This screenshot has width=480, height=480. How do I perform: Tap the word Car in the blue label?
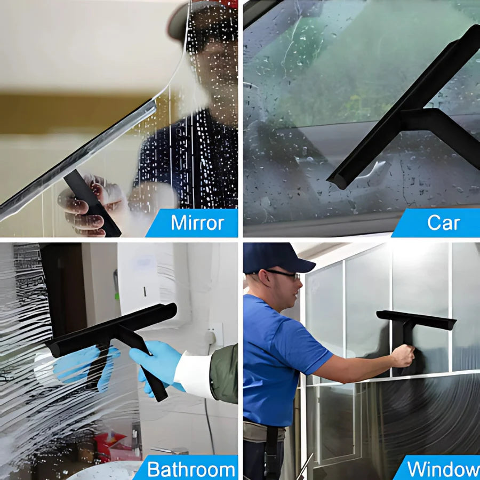[x=443, y=223]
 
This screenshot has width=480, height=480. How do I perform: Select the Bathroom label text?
[x=191, y=469]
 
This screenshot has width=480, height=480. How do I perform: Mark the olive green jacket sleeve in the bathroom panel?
[x=224, y=373]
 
